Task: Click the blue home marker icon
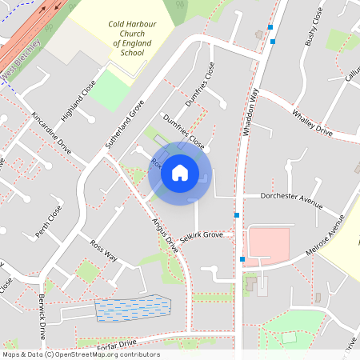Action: (180, 172)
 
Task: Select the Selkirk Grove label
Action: (201, 235)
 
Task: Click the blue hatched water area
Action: (133, 309)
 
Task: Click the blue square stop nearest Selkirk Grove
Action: (237, 215)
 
